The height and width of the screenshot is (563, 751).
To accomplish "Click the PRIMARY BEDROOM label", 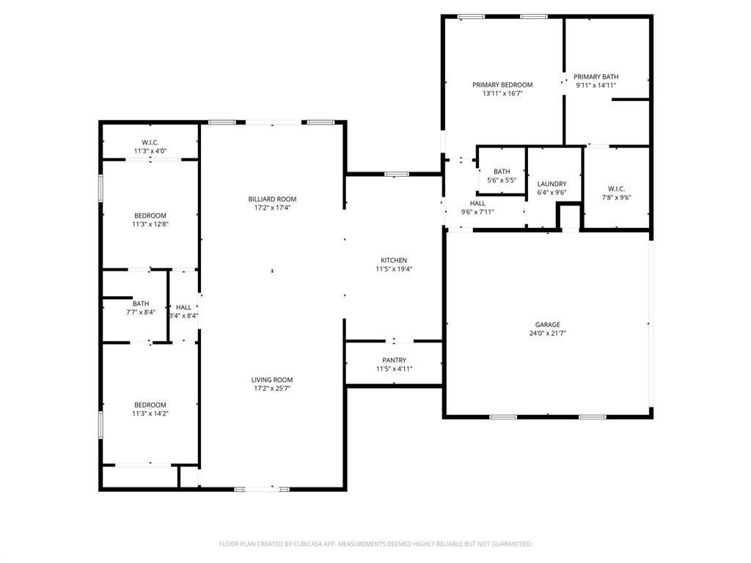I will [x=502, y=85].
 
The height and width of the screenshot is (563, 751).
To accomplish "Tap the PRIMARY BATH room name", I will [x=596, y=77].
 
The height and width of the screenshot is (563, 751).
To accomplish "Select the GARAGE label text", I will [x=547, y=325].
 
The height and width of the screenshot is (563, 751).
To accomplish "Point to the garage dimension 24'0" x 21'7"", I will [x=547, y=334].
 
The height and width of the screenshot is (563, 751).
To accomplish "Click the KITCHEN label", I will [x=394, y=261].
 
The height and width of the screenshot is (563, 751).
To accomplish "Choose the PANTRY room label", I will [x=394, y=361].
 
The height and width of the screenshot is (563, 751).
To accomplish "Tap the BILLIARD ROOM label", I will [x=272, y=199].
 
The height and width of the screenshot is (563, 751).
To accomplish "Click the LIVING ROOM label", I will [x=272, y=380].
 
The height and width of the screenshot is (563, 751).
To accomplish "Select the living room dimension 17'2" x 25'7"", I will [x=272, y=389].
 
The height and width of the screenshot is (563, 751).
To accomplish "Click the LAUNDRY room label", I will [x=552, y=185].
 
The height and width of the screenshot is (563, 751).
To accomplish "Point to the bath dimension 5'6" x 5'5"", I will [x=502, y=180].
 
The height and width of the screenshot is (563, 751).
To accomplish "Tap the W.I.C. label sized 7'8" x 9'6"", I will [x=616, y=188].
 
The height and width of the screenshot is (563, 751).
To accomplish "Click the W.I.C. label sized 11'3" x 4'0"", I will [x=150, y=143].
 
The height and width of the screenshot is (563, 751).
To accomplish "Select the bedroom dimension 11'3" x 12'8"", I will [x=150, y=224].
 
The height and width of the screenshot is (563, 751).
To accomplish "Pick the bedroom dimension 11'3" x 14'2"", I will [x=150, y=414].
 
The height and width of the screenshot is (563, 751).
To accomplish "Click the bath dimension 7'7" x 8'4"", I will [x=141, y=312].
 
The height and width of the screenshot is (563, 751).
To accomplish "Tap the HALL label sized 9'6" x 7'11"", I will [x=477, y=204].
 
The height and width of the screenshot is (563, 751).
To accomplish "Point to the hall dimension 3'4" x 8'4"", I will [x=183, y=316].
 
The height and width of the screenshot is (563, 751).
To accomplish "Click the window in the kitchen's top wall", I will [x=397, y=174].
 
